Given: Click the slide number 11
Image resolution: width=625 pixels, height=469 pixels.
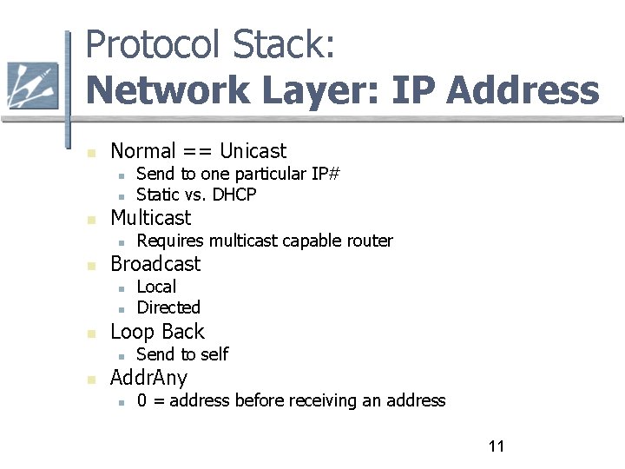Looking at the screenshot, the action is pos(497,446).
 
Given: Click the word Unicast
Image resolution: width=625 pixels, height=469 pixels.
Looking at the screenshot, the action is pos(253,150).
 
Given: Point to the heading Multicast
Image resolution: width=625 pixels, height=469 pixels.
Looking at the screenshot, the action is pos(150,217).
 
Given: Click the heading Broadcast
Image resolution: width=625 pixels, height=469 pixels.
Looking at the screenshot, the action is pos(155,264).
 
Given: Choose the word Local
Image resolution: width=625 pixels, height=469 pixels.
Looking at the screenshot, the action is pos(156,287).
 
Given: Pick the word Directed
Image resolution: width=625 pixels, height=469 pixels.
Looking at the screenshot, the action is pos(168,307).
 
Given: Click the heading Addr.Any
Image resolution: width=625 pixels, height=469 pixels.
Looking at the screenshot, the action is pos(148,378).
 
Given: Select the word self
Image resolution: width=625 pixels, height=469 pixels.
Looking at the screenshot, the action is pos(214,354).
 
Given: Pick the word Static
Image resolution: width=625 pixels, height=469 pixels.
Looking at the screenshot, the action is pos(158,195).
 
